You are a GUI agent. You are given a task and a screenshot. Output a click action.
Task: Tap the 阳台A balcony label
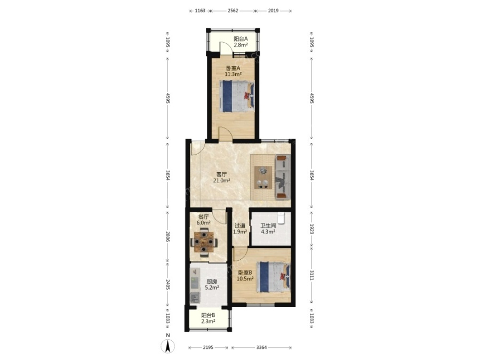[x=241, y=39]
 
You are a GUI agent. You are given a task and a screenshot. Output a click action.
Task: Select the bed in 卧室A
[x=237, y=96]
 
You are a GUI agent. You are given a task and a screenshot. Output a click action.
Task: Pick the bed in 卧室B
[x=273, y=277]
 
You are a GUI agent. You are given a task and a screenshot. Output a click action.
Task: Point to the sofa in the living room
[x=283, y=177]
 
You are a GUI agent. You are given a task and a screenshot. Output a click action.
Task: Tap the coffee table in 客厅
[x=263, y=178]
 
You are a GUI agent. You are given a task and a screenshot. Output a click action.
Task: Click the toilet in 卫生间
[x=281, y=218]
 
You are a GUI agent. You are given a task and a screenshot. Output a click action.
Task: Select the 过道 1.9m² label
[x=239, y=229]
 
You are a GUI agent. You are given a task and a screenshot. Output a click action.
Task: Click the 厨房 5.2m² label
[x=212, y=285]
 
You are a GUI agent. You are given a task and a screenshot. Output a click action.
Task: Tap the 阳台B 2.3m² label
[x=208, y=318]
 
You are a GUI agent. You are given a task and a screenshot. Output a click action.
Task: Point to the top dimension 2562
[x=233, y=11]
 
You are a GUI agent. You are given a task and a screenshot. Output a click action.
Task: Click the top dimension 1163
[x=200, y=11]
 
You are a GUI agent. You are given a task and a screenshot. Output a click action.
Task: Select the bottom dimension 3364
[x=261, y=347]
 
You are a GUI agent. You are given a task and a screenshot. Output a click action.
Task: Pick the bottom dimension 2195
[x=208, y=347]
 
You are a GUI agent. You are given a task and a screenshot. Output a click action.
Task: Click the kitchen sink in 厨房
[x=194, y=297]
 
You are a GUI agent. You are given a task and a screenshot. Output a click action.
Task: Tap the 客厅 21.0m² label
[x=222, y=177]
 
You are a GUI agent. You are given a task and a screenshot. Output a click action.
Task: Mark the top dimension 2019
[x=274, y=11]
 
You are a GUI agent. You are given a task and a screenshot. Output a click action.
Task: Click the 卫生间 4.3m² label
[x=268, y=229]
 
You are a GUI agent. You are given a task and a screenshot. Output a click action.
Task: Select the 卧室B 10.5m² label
[x=245, y=276]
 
